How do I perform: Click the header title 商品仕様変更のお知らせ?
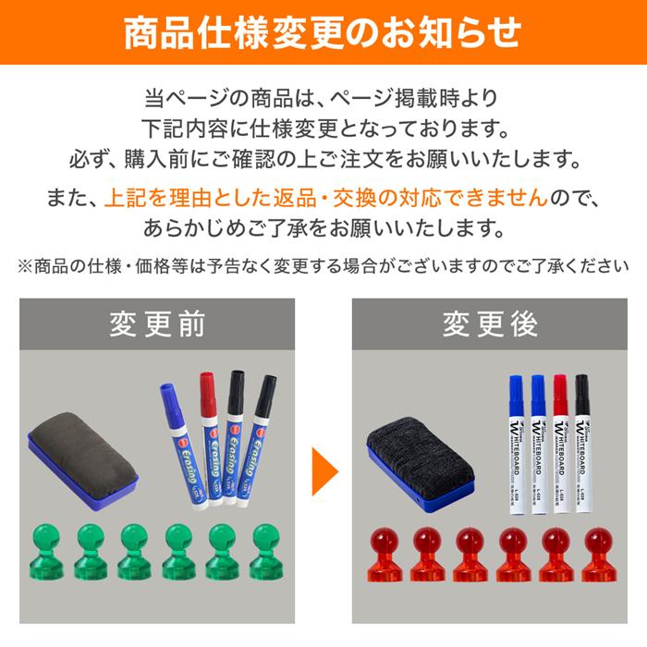[323, 32]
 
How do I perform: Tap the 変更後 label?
[489, 324]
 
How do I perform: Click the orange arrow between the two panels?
[323, 471]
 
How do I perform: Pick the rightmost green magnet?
[266, 550]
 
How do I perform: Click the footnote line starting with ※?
[323, 266]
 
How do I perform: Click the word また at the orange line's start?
[65, 197]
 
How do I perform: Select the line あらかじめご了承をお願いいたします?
[323, 227]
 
